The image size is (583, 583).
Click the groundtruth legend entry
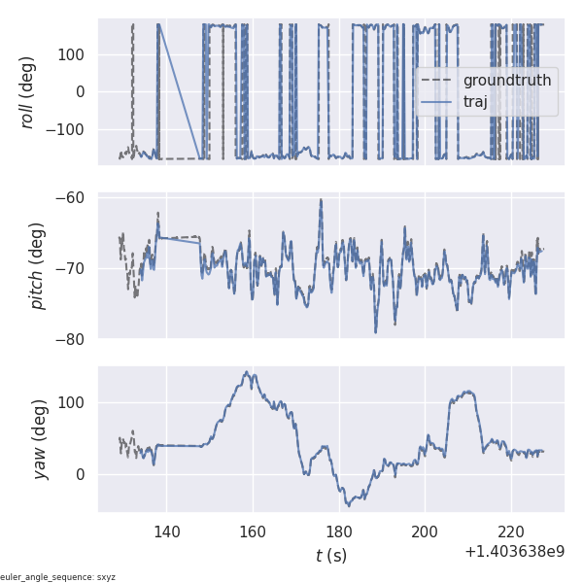point(506,80)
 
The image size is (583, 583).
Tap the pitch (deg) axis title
point(37,266)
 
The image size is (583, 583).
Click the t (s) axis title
point(330,556)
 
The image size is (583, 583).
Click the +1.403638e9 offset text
point(514,552)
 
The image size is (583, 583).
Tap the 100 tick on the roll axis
point(73,54)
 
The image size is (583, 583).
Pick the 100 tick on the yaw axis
point(73,402)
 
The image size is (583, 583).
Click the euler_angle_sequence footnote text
point(58,577)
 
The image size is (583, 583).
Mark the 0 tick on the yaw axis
point(83,474)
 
